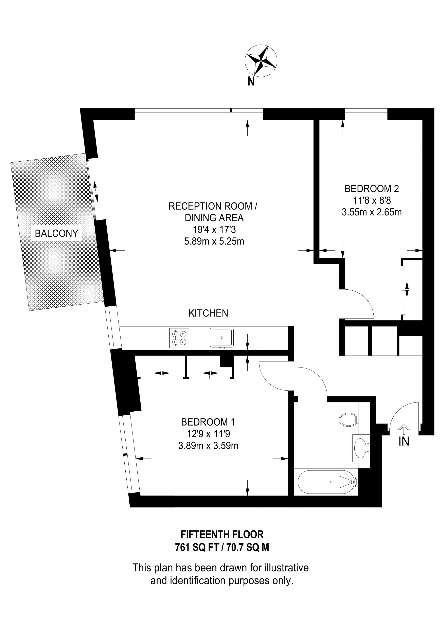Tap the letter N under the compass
tap(251, 82)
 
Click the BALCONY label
tap(57, 233)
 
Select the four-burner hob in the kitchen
tap(179, 338)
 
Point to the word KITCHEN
tap(208, 313)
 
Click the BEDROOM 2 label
tap(372, 188)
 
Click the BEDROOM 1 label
tap(208, 422)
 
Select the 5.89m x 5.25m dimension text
tap(214, 241)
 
